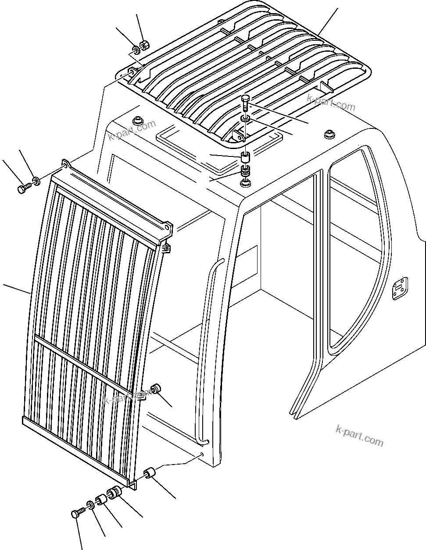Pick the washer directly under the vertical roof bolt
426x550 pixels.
tap(245, 119)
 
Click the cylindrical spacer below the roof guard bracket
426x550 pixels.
tap(245, 156)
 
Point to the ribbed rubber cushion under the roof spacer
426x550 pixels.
tap(245, 170)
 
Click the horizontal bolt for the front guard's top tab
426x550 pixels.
tap(23, 188)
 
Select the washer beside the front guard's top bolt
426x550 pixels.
tap(36, 180)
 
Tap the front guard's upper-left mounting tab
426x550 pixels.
tap(66, 164)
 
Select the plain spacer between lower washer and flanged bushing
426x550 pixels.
tap(101, 499)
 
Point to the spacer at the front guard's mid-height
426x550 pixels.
tap(156, 388)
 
